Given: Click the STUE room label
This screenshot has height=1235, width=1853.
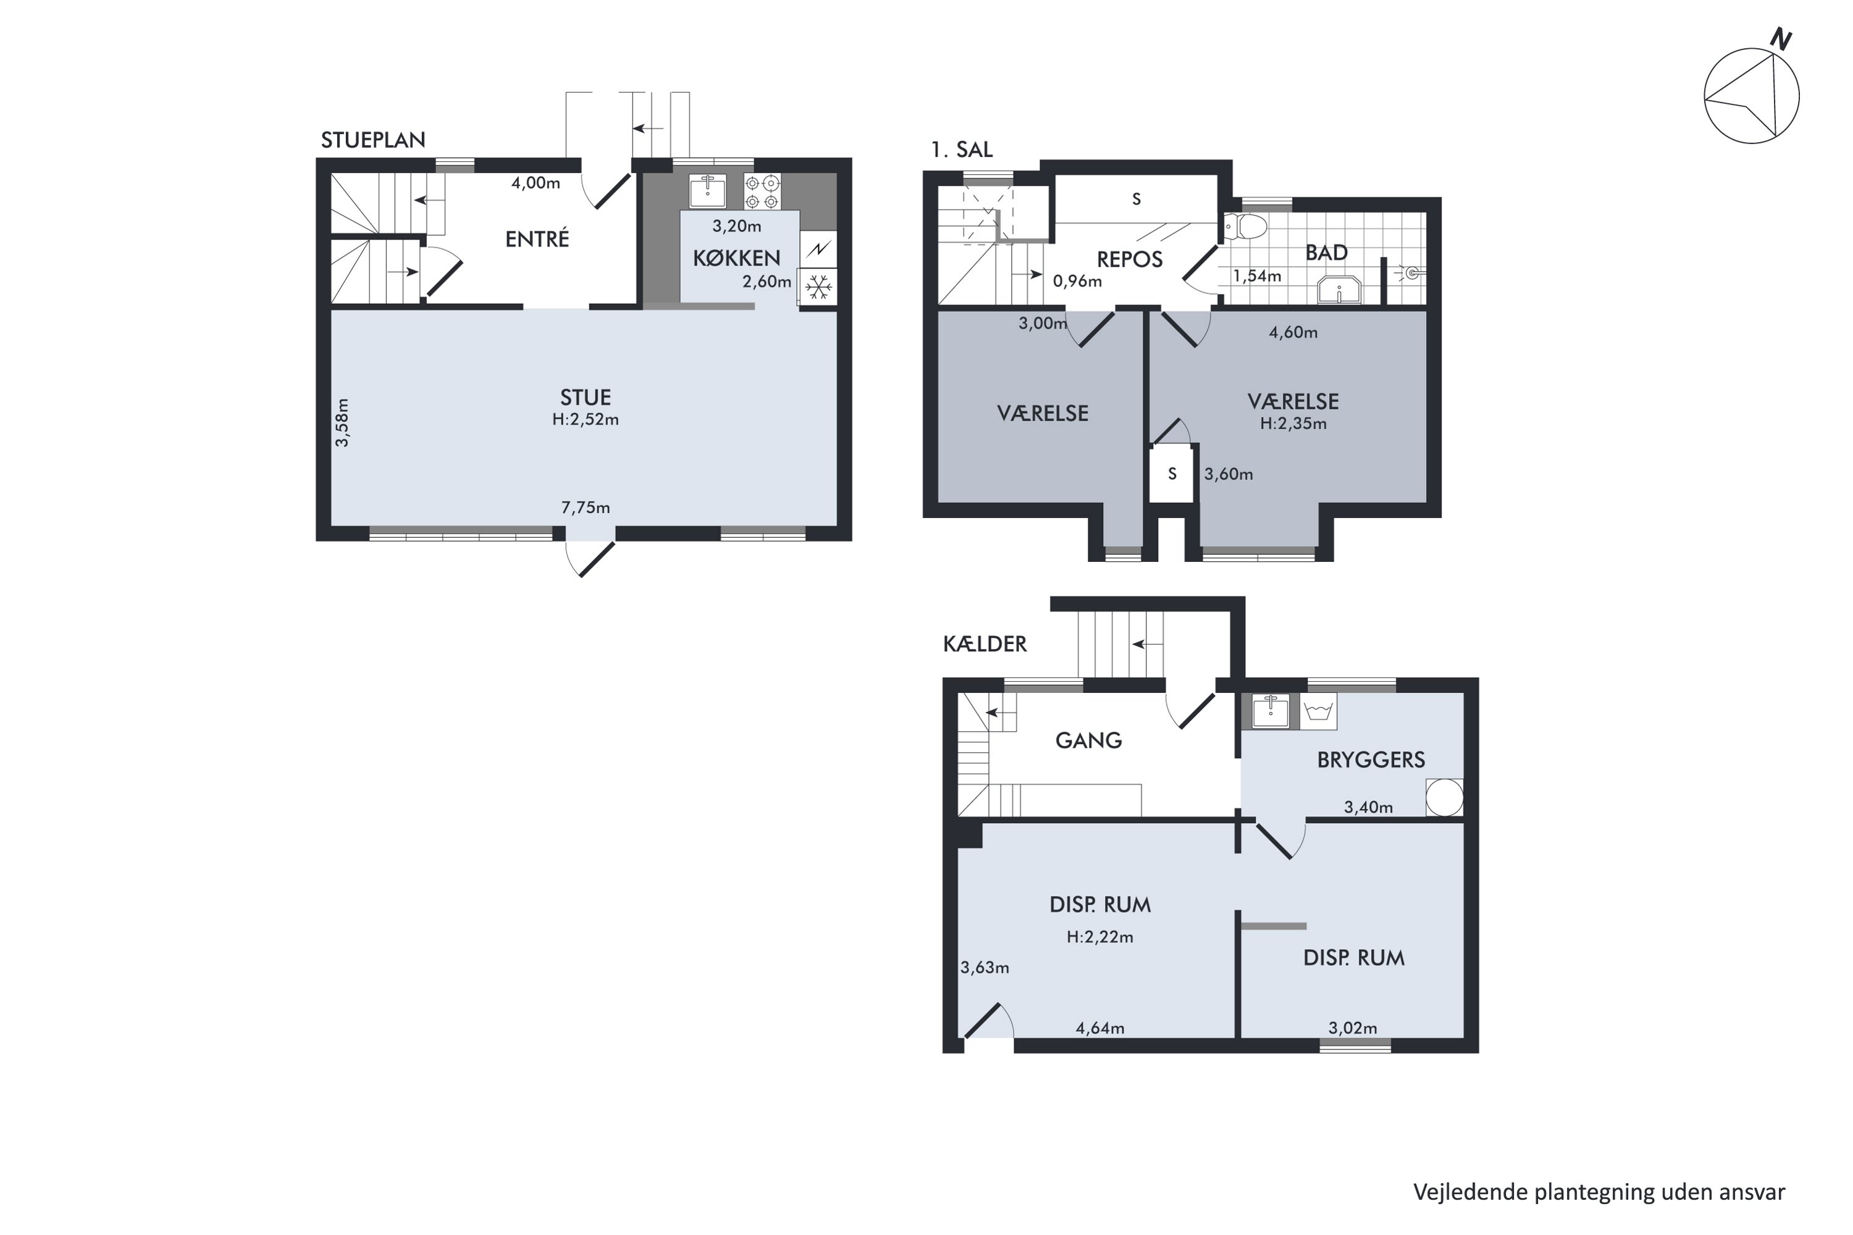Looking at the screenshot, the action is tap(586, 397).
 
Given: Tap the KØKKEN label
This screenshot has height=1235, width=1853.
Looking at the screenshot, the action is tap(737, 257).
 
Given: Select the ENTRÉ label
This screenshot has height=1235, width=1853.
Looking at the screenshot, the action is tap(537, 238).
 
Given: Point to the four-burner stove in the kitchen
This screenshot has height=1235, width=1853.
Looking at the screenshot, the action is tap(762, 191).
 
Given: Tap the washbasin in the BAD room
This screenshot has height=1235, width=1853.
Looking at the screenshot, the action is tap(1339, 289).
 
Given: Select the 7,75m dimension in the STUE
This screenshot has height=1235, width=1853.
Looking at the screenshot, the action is tap(586, 507).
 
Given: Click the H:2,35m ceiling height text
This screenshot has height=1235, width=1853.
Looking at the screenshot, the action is tap(1293, 424).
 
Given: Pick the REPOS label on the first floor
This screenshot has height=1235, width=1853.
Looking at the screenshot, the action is tap(1129, 259).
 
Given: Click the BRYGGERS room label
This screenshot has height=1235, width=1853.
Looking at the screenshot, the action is tap(1371, 760).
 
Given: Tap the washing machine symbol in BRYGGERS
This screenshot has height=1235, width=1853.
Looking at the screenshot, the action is tap(1318, 712).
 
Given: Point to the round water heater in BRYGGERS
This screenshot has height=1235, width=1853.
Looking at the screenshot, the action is tap(1445, 797).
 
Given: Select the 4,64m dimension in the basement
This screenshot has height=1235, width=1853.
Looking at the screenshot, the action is tap(1100, 1028).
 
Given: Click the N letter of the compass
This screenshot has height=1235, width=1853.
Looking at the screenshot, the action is tap(1781, 38).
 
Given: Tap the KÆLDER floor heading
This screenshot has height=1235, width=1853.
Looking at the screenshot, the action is tap(985, 644).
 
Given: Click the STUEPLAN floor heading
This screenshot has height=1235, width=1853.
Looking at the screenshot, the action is tap(372, 140).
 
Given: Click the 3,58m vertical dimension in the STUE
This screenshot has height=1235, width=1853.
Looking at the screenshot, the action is tap(342, 423).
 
